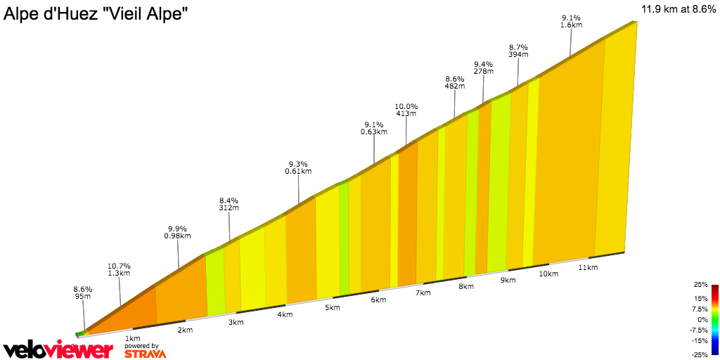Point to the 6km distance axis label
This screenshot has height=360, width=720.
(x=378, y=300)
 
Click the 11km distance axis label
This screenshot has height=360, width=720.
(x=588, y=267)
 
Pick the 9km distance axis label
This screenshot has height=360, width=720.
(x=508, y=280)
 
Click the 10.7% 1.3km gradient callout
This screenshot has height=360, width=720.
(x=119, y=270)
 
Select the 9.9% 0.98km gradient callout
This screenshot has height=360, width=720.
(x=178, y=232)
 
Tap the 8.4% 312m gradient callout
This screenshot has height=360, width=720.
(x=229, y=204)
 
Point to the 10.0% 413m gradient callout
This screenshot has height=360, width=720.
(x=406, y=110)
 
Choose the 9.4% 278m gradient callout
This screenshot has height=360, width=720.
(x=483, y=67)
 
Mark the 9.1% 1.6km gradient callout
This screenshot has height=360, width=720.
(x=571, y=21)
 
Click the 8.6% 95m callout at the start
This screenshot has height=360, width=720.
(x=82, y=292)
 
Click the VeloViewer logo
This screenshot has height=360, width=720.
(x=58, y=350)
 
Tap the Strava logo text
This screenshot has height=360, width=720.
(x=145, y=354)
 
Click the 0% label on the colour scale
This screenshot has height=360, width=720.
(x=702, y=319)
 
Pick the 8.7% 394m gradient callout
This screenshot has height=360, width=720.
(x=518, y=50)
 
